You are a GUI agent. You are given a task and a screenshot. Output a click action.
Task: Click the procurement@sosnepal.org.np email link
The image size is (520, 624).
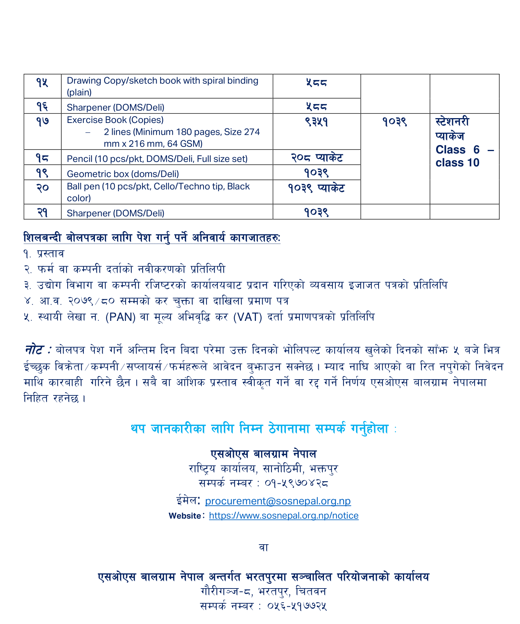(x=278, y=501)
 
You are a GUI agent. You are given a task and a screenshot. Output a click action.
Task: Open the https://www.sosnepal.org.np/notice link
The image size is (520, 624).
(x=284, y=516)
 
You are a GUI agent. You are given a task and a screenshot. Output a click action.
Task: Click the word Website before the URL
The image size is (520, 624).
(x=184, y=516)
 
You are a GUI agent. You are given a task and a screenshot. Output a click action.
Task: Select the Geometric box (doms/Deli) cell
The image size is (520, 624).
(x=123, y=174)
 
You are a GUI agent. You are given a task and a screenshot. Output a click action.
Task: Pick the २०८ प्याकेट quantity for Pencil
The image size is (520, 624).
(x=317, y=158)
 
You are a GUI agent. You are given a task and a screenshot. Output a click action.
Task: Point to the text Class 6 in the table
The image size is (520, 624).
(x=457, y=150)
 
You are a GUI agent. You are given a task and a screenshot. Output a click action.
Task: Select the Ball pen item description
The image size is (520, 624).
(x=158, y=192)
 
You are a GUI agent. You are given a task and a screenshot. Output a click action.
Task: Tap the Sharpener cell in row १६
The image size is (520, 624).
(x=116, y=107)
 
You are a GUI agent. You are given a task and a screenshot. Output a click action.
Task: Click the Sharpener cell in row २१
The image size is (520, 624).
(x=116, y=213)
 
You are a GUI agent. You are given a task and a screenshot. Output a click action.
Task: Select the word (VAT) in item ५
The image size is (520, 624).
(x=248, y=317)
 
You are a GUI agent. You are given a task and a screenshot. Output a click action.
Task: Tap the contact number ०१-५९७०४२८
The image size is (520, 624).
(x=297, y=483)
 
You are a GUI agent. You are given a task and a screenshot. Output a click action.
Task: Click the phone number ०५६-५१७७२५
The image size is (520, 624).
(x=297, y=606)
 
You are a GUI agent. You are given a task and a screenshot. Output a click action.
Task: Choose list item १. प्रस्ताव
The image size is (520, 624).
(x=44, y=254)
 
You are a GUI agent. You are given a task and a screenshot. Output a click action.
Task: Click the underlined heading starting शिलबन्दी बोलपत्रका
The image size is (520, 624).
(x=152, y=238)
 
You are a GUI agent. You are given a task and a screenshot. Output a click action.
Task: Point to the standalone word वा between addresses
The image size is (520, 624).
(x=263, y=547)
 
